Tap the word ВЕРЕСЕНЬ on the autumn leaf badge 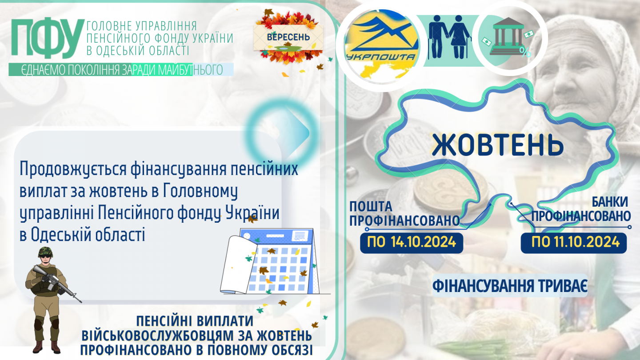tap(288, 37)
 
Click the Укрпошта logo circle tap(382, 46)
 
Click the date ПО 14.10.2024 tap(412, 242)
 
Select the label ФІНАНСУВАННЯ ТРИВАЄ tap(510, 286)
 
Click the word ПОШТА tap(371, 206)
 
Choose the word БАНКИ tap(610, 202)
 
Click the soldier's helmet tap(46, 252)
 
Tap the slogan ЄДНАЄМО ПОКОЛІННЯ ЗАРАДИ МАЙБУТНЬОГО tap(122, 70)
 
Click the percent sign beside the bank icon tap(525, 52)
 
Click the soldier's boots tap(46, 347)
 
